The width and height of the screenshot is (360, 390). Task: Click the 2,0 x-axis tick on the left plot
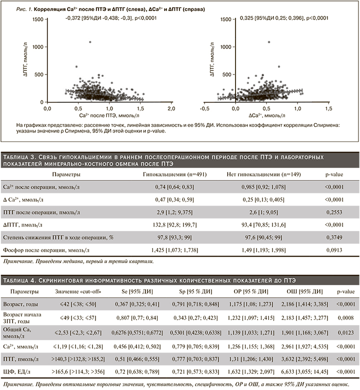point(171,108)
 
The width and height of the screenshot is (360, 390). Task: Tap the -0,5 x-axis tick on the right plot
point(204,108)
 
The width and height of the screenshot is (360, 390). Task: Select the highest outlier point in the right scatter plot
point(269,41)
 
